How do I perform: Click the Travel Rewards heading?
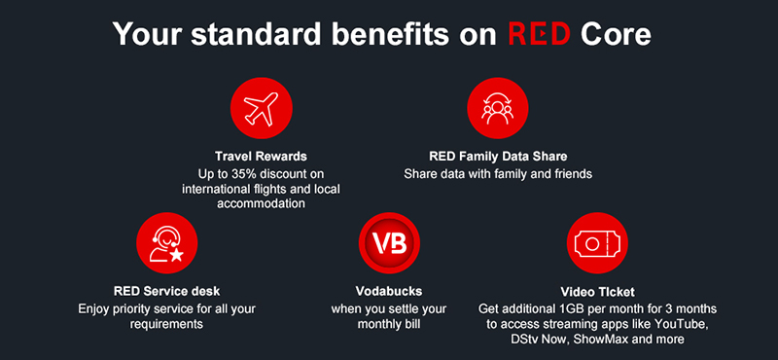261,156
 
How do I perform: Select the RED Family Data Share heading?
498,156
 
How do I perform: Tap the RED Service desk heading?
166,291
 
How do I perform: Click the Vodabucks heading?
389,291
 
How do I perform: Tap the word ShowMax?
613,340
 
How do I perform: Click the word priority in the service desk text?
144,308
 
